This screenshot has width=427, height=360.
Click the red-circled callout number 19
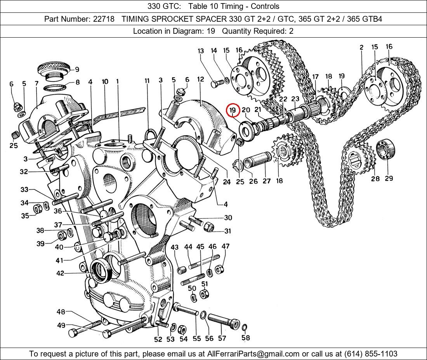(x=233, y=111)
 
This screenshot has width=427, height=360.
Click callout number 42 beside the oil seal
(x=60, y=273)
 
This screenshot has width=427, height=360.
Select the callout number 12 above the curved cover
(x=200, y=80)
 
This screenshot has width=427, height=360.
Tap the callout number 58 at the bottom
(x=245, y=337)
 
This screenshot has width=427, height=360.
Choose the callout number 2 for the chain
(x=361, y=48)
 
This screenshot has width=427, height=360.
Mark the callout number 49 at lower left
(x=61, y=325)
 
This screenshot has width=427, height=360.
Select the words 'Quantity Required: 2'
(x=258, y=31)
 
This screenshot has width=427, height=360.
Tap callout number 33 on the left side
(x=24, y=190)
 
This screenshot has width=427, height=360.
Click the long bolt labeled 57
(x=223, y=321)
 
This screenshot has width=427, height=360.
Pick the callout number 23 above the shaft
(x=295, y=99)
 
